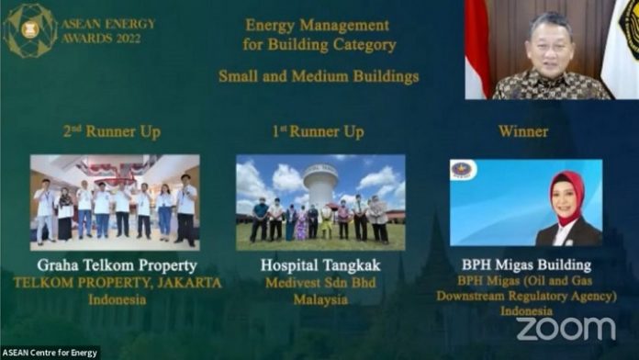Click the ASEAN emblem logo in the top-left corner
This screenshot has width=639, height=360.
point(29,29)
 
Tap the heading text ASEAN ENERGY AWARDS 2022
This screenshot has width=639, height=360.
point(107,30)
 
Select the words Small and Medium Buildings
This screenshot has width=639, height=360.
point(319,76)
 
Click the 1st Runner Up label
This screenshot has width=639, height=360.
point(319,132)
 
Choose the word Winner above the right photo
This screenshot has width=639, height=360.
point(523,132)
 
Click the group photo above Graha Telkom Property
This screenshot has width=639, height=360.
point(115,202)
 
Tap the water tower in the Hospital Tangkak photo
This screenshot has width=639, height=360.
point(321,184)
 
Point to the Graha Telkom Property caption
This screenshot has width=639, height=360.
point(116,266)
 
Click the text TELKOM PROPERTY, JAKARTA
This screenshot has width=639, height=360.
point(118,283)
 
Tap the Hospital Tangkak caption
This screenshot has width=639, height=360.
point(320,266)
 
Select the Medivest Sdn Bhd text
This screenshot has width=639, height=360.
point(320,283)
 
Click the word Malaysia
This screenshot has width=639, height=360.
point(320,299)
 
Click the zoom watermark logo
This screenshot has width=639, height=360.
point(566,329)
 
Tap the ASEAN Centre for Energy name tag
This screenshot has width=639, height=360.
point(50,353)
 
